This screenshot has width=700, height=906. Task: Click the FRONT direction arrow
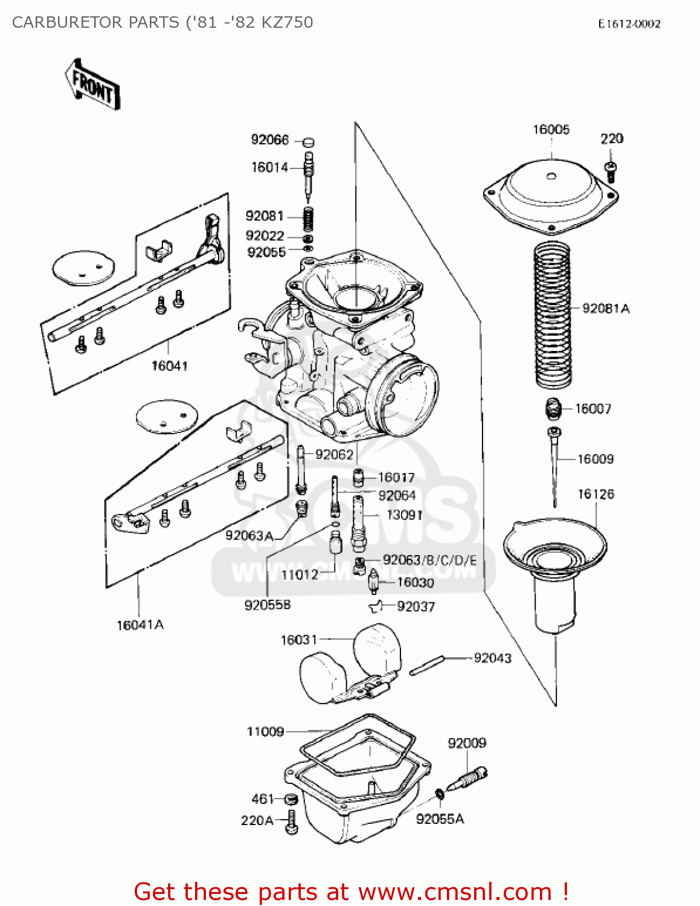click(92, 85)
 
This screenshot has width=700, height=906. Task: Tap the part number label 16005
click(551, 129)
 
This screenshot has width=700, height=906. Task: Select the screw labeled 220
click(611, 170)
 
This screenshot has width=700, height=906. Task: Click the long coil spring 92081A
click(553, 314)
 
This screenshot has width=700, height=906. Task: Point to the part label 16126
click(596, 494)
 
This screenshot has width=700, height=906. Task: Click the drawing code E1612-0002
click(629, 24)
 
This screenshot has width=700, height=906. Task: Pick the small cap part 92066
click(308, 143)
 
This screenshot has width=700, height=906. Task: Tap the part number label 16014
click(269, 167)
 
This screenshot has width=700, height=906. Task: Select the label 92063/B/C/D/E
click(429, 560)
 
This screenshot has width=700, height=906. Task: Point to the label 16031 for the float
click(298, 640)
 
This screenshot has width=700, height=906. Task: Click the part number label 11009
click(265, 731)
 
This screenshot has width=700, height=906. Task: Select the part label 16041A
click(140, 625)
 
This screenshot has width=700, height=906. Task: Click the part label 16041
click(169, 365)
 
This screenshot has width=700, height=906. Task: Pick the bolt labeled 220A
click(292, 821)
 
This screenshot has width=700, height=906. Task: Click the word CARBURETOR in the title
click(70, 22)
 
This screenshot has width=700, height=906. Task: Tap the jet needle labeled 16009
click(554, 465)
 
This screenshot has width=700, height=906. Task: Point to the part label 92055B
click(267, 605)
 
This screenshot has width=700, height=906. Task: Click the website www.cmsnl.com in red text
click(455, 892)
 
